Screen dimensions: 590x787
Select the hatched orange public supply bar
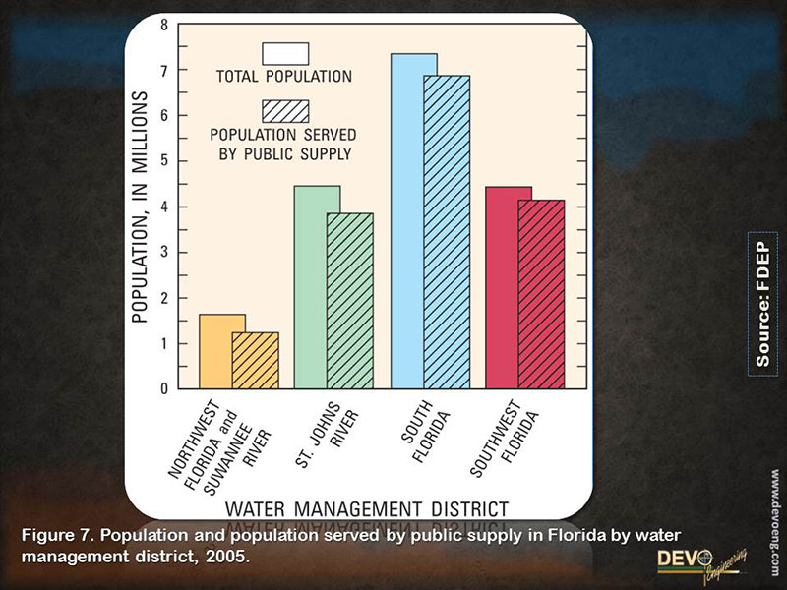click(x=256, y=361)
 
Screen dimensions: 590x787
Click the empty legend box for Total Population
click(x=285, y=53)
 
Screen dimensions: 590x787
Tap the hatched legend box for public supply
click(x=285, y=110)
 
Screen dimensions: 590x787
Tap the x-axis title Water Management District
click(x=367, y=509)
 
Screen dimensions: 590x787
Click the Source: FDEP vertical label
click(x=763, y=303)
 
